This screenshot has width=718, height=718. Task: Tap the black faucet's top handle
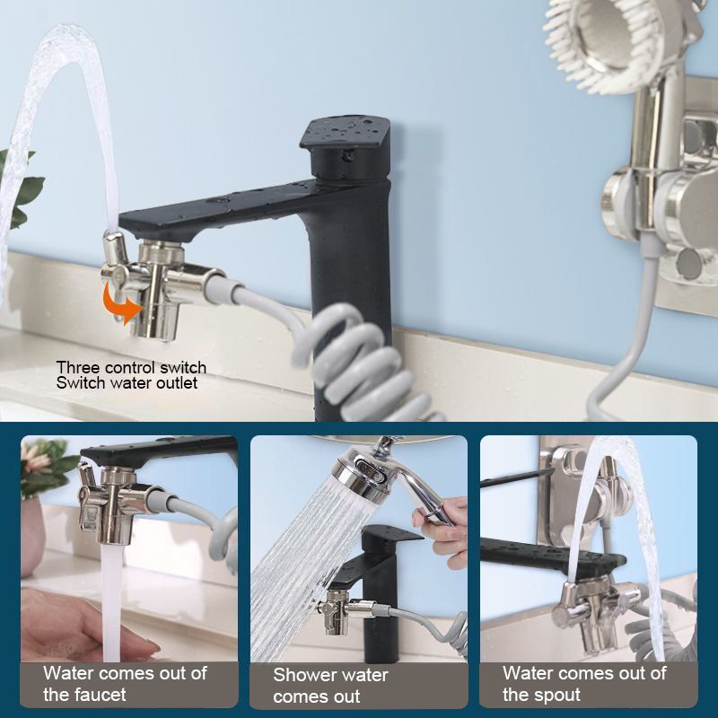point(346,146)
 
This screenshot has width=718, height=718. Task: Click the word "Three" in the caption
point(78,367)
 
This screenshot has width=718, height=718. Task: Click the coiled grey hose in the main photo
point(366,362)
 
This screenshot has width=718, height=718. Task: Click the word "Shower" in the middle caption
point(303,675)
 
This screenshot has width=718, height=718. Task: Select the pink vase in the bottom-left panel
point(32,536)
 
